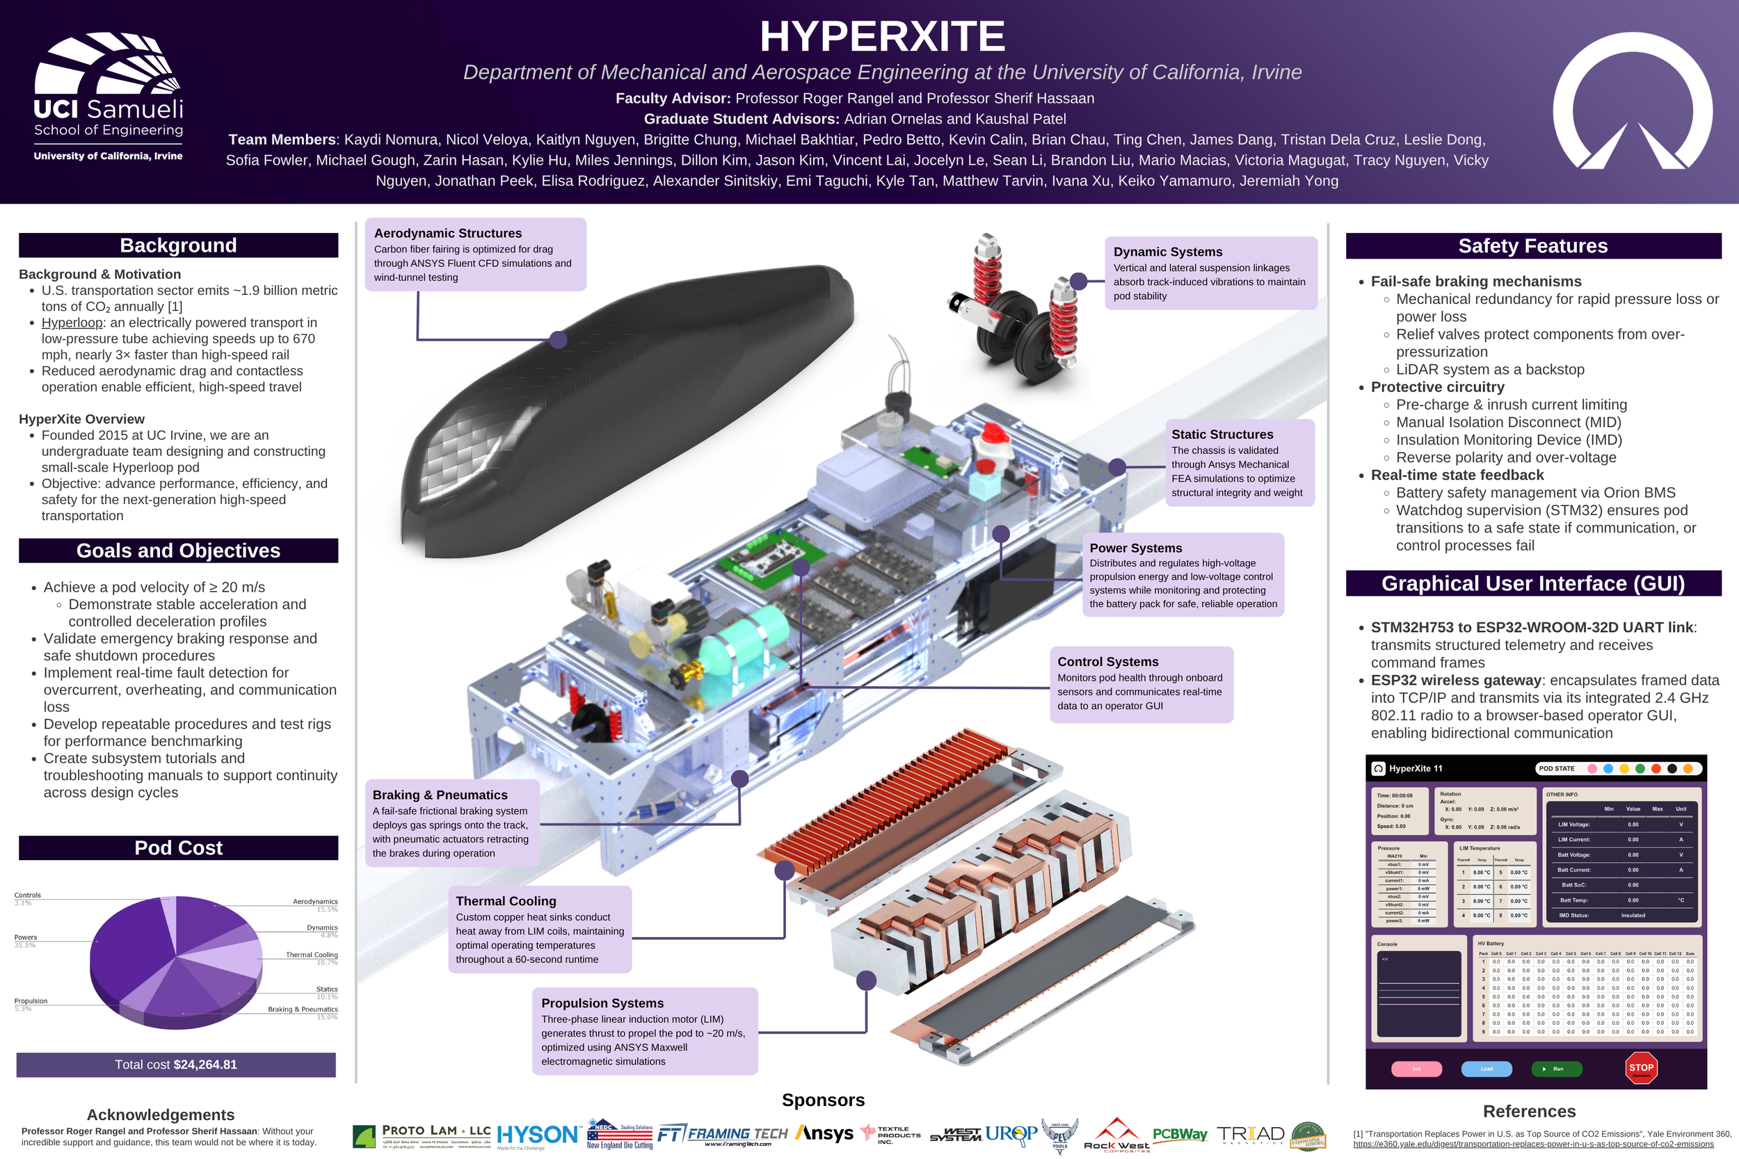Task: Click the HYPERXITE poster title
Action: click(x=882, y=36)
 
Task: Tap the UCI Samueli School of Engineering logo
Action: click(x=108, y=96)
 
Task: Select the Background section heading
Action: click(x=178, y=245)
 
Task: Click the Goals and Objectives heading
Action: click(x=178, y=551)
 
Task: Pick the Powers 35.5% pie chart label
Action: click(x=26, y=940)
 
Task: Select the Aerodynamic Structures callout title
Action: click(x=447, y=234)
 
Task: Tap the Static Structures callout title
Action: click(x=1222, y=435)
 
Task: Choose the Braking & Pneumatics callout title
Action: click(x=440, y=795)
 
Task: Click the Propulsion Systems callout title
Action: click(x=602, y=1003)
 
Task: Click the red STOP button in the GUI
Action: click(x=1641, y=1068)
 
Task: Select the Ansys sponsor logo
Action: click(x=824, y=1133)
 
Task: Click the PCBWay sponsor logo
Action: click(x=1179, y=1135)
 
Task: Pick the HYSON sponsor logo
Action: click(x=538, y=1135)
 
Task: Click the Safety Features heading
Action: click(x=1532, y=246)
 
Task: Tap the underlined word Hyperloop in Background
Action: click(x=72, y=323)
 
